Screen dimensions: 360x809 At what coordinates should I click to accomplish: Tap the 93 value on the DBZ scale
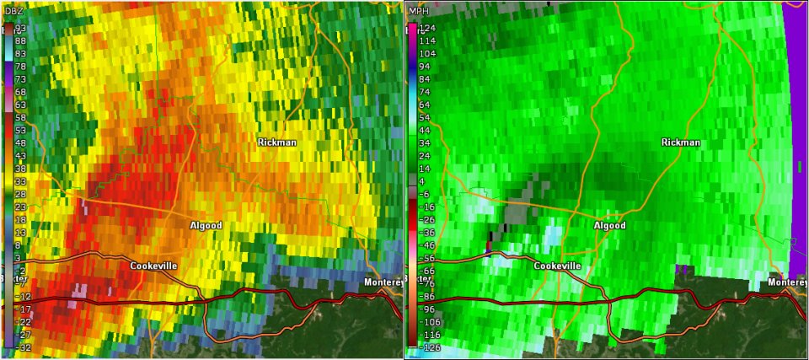[x=21, y=28]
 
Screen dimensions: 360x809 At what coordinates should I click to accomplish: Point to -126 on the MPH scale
[x=430, y=347]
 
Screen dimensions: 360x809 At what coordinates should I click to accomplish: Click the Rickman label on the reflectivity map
[x=276, y=142]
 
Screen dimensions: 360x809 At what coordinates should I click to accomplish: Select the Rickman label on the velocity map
[x=681, y=142]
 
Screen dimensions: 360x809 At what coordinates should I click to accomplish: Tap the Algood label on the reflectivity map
[x=206, y=225]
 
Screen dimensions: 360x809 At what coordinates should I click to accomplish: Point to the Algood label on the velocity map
[x=610, y=225]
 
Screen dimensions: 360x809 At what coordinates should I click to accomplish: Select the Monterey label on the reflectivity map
[x=383, y=282]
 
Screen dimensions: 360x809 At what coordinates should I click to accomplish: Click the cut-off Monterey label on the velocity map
[x=789, y=282]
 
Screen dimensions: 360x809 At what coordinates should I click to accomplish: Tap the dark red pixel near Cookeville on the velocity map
[x=490, y=246]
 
